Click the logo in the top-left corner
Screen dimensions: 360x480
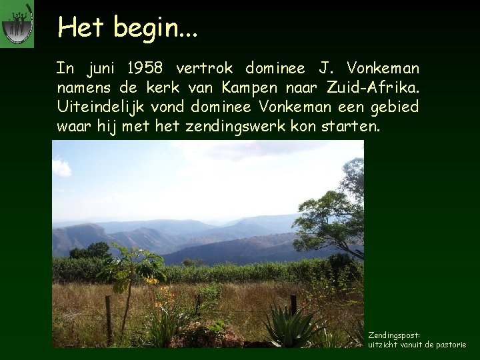point(17,25)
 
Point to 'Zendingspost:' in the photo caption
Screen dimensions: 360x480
point(397,335)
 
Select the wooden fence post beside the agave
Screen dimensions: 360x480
point(293,307)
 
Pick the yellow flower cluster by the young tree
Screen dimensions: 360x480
point(152,282)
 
